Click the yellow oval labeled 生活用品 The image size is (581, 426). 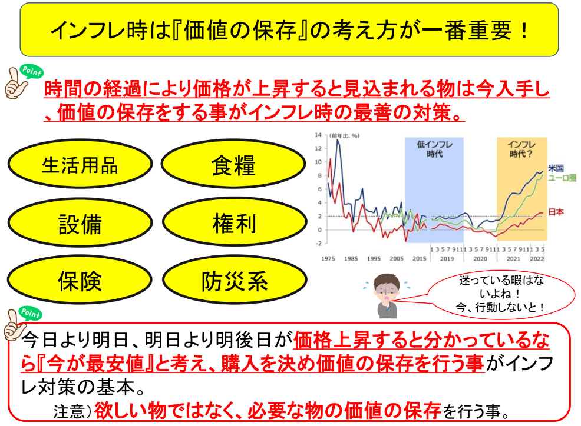click(80, 164)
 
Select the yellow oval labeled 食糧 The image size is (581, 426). click(233, 164)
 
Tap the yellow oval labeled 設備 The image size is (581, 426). click(80, 222)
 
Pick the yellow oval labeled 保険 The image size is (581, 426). click(80, 280)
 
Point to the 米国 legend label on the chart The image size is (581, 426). click(556, 168)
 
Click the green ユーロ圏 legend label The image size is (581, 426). click(562, 178)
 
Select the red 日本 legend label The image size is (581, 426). click(556, 212)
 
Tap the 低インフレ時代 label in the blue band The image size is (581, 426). click(434, 149)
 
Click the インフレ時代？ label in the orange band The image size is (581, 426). click(521, 149)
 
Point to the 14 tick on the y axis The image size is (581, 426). click(318, 135)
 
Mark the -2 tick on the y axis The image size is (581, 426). click(318, 244)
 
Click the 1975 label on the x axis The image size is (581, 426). click(328, 259)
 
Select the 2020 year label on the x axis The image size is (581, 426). click(480, 259)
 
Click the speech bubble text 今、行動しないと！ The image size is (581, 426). click(500, 307)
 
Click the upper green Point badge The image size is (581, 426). click(32, 71)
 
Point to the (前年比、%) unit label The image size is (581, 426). click(344, 136)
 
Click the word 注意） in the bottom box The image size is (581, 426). click(72, 411)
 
